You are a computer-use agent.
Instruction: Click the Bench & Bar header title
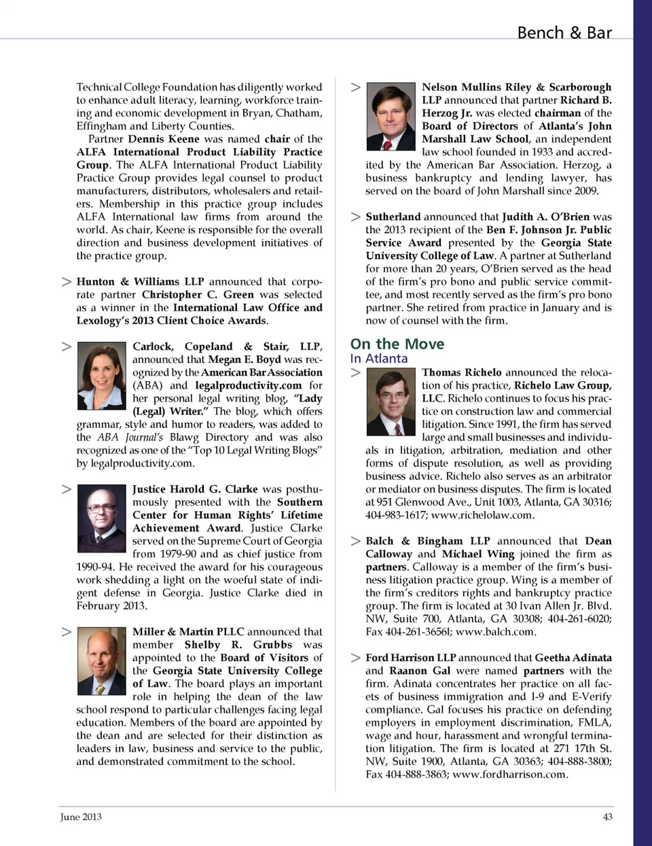564,33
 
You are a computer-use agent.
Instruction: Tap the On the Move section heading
397,344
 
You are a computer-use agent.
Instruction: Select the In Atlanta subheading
379,359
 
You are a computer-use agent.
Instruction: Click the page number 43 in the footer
607,817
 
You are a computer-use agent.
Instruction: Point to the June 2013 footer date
81,817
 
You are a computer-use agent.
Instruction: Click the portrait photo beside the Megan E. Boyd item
102,376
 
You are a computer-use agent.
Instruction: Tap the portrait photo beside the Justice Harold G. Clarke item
102,518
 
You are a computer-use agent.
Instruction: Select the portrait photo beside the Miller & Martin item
102,661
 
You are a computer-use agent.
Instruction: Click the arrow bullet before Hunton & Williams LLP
67,281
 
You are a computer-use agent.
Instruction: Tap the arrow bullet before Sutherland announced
355,217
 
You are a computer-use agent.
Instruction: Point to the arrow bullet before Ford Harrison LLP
355,658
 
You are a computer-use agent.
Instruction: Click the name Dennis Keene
164,139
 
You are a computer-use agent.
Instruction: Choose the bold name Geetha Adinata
573,658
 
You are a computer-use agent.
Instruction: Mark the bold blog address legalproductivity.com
249,385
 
